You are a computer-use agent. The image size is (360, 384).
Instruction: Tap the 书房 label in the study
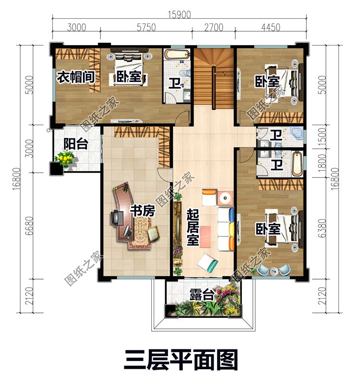coord(143,211)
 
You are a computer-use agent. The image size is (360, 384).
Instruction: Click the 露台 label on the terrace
coord(201,295)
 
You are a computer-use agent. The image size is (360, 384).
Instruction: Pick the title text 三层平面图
coord(180,359)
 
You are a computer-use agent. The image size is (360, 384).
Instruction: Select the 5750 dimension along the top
coord(146,27)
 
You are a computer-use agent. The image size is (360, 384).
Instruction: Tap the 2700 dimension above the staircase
coord(213,27)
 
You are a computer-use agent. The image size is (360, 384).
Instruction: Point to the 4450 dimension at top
coord(271,27)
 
